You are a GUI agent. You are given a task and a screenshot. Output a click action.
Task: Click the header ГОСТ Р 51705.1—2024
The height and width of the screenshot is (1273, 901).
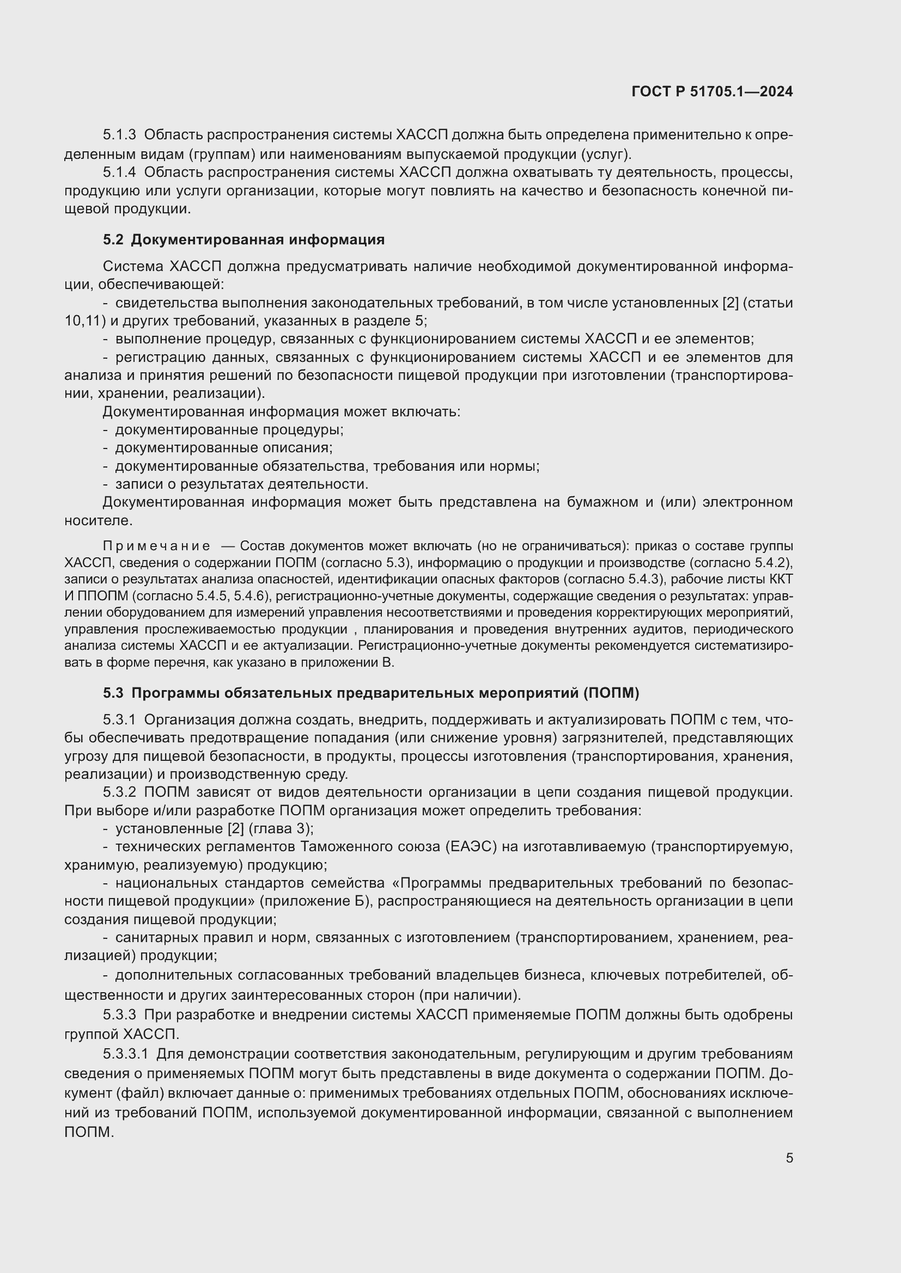click(712, 91)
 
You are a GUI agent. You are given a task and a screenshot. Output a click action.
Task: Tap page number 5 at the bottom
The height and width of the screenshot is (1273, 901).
click(789, 1158)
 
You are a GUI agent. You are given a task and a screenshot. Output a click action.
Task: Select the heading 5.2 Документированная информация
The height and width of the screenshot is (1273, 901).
click(243, 239)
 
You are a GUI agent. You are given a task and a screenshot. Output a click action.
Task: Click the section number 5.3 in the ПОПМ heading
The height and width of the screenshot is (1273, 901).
click(113, 693)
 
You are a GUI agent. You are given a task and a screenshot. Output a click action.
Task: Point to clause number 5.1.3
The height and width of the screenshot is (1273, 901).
click(119, 135)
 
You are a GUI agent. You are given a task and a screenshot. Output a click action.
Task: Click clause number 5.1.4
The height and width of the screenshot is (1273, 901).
click(119, 173)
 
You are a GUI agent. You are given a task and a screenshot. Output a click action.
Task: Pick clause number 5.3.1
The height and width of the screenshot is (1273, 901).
click(119, 719)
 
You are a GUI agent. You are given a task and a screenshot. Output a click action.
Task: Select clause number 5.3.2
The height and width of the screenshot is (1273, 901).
click(119, 792)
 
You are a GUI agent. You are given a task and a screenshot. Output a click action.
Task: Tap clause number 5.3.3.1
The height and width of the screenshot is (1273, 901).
click(126, 1053)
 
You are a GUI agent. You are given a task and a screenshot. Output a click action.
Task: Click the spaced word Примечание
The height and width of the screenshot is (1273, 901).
click(156, 546)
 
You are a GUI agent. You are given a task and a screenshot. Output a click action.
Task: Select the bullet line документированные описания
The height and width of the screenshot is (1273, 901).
click(223, 447)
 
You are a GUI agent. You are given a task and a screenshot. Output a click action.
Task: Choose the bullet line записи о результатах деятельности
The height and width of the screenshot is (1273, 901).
click(241, 484)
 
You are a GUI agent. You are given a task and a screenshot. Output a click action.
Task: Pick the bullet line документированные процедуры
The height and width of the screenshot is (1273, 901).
click(229, 430)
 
